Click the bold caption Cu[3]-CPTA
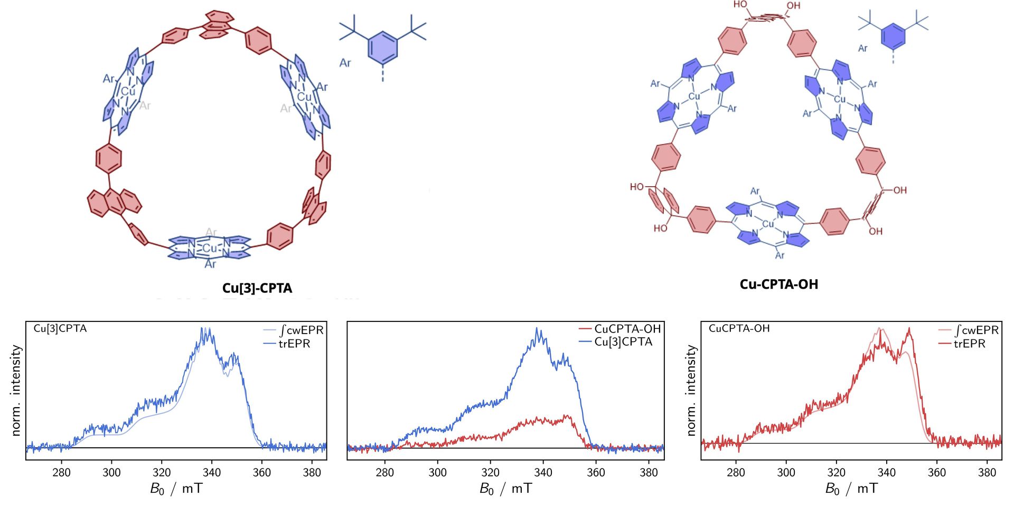(x=257, y=288)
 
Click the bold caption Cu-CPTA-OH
(x=778, y=284)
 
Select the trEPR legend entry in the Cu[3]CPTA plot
(x=294, y=344)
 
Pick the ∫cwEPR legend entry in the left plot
(x=301, y=330)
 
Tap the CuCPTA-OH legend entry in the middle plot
(x=627, y=329)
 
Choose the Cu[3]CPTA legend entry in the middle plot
(x=623, y=342)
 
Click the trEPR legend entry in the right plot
(x=969, y=344)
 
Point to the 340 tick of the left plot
(x=212, y=472)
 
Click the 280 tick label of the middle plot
(x=384, y=472)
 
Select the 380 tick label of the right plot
(x=987, y=472)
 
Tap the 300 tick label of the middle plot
(x=437, y=472)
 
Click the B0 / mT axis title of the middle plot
(x=505, y=489)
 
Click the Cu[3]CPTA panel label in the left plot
(x=60, y=328)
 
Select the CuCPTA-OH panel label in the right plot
(x=739, y=328)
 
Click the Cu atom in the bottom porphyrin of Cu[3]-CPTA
(x=210, y=248)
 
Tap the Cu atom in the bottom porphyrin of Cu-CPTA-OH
(x=768, y=224)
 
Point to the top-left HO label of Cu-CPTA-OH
(x=740, y=5)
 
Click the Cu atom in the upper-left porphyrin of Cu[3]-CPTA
(x=128, y=91)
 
